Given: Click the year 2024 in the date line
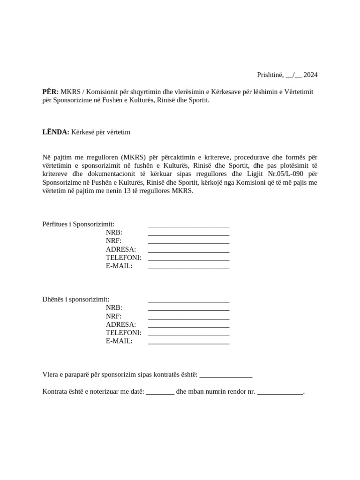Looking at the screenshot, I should pos(310,75).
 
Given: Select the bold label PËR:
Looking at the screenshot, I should pos(51,92).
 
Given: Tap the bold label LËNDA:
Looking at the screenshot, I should pos(56,132).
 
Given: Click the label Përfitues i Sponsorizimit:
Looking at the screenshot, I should pos(78,224).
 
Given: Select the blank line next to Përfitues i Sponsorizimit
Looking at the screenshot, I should pos(188,225).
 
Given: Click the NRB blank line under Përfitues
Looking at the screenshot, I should pos(188,234).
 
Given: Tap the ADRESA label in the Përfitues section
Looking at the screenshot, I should pos(121,249).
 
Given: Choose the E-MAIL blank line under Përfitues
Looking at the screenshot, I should pos(188,268).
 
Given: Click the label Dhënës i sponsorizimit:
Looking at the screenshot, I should pos(76,299).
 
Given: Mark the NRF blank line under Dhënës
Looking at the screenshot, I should pos(188,318).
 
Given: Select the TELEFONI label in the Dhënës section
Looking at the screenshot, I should pos(124,333).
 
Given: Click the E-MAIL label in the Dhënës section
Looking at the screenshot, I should pos(119,341).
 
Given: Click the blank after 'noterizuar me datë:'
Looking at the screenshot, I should pos(160,392).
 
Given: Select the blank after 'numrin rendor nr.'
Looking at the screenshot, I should pos(280,392).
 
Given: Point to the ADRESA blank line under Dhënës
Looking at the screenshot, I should pos(188,326).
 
